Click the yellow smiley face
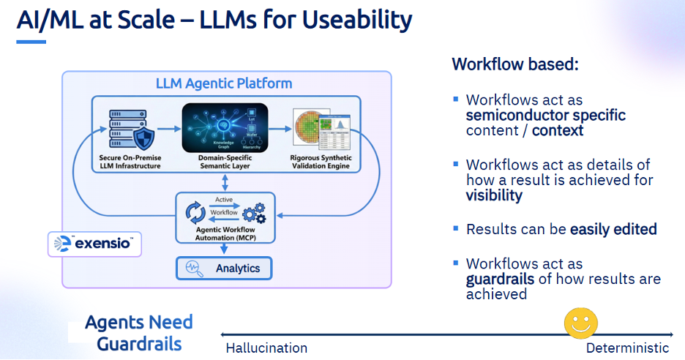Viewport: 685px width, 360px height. click(580, 323)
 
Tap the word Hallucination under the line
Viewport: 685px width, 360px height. click(266, 348)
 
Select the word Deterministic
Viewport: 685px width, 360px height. click(627, 348)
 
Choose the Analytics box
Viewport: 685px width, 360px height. click(223, 268)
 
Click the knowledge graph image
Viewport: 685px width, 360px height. click(225, 127)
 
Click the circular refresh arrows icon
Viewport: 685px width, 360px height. click(196, 211)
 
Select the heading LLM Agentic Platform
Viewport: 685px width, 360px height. click(224, 83)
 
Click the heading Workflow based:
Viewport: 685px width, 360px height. click(515, 64)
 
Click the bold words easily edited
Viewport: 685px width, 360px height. click(613, 229)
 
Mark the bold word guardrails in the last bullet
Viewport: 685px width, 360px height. click(497, 279)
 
